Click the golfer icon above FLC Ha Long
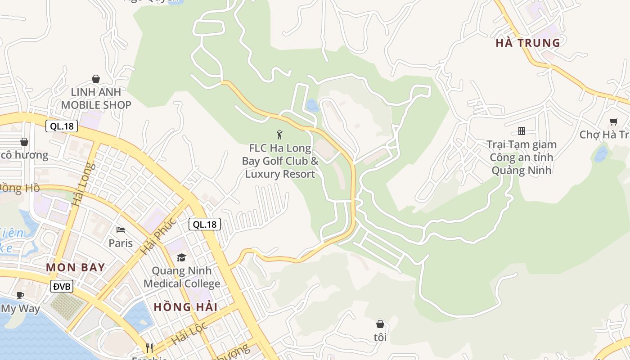(279, 134)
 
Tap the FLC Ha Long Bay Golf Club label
(280, 161)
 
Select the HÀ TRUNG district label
(528, 43)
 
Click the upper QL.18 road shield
(62, 126)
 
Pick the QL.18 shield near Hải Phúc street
(205, 224)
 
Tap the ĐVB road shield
(61, 286)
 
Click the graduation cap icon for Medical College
(181, 257)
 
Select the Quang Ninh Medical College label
(182, 277)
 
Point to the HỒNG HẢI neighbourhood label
(185, 307)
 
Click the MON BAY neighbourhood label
(76, 268)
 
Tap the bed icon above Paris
(121, 230)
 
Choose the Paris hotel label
(121, 243)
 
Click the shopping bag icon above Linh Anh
(96, 79)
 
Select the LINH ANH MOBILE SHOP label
(96, 99)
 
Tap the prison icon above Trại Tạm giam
(522, 131)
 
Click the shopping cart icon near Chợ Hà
(613, 121)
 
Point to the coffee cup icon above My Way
(20, 295)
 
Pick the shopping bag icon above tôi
(380, 324)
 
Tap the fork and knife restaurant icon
(149, 348)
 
